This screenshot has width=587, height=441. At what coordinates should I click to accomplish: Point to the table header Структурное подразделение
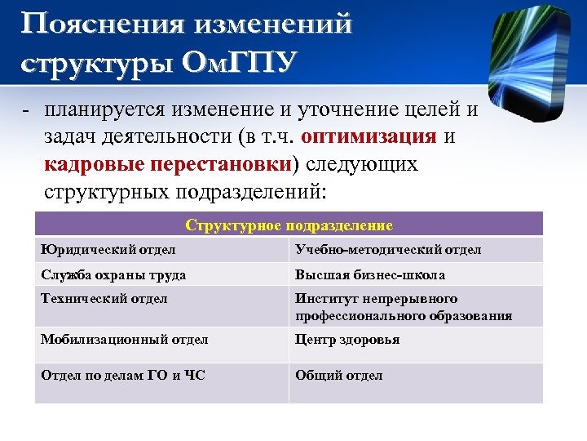tap(289, 225)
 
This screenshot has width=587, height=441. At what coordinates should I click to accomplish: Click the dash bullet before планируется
tap(27, 110)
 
